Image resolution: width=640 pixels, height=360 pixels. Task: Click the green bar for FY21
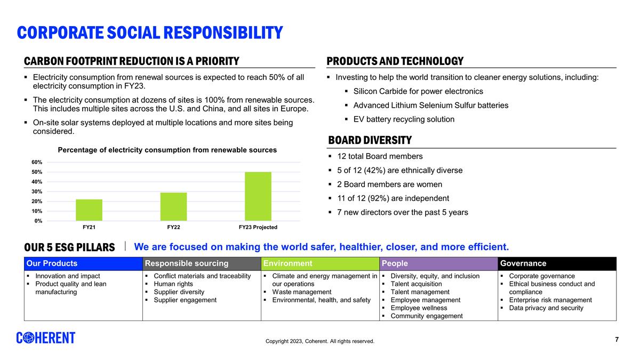pos(89,210)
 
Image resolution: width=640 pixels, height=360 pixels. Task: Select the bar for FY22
pos(173,206)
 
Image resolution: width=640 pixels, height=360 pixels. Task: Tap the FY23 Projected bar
pos(258,196)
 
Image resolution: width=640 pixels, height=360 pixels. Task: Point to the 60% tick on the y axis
pos(36,162)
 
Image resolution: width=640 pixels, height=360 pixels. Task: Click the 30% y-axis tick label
pos(36,191)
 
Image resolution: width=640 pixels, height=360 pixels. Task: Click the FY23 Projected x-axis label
pos(258,227)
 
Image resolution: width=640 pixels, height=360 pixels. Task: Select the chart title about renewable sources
pos(167,150)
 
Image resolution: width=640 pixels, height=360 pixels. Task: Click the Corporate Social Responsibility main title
pos(150,33)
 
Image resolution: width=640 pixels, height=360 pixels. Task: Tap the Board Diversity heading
pos(370,140)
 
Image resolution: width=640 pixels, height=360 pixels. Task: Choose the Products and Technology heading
pos(395,61)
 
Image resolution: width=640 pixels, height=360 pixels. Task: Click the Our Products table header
pos(52,263)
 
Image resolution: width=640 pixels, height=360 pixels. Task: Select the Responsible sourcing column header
pos(187,263)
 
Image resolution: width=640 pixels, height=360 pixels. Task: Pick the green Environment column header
pos(288,263)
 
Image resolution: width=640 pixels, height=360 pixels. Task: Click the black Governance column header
pos(523,263)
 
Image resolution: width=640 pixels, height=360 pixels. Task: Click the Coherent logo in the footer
pos(46,338)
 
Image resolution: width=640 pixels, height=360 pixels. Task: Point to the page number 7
pos(617,340)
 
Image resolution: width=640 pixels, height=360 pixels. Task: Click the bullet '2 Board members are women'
pos(389,185)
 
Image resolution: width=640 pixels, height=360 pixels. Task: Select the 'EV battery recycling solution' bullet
pos(404,119)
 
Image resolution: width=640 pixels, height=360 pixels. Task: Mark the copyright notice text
pos(320,341)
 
